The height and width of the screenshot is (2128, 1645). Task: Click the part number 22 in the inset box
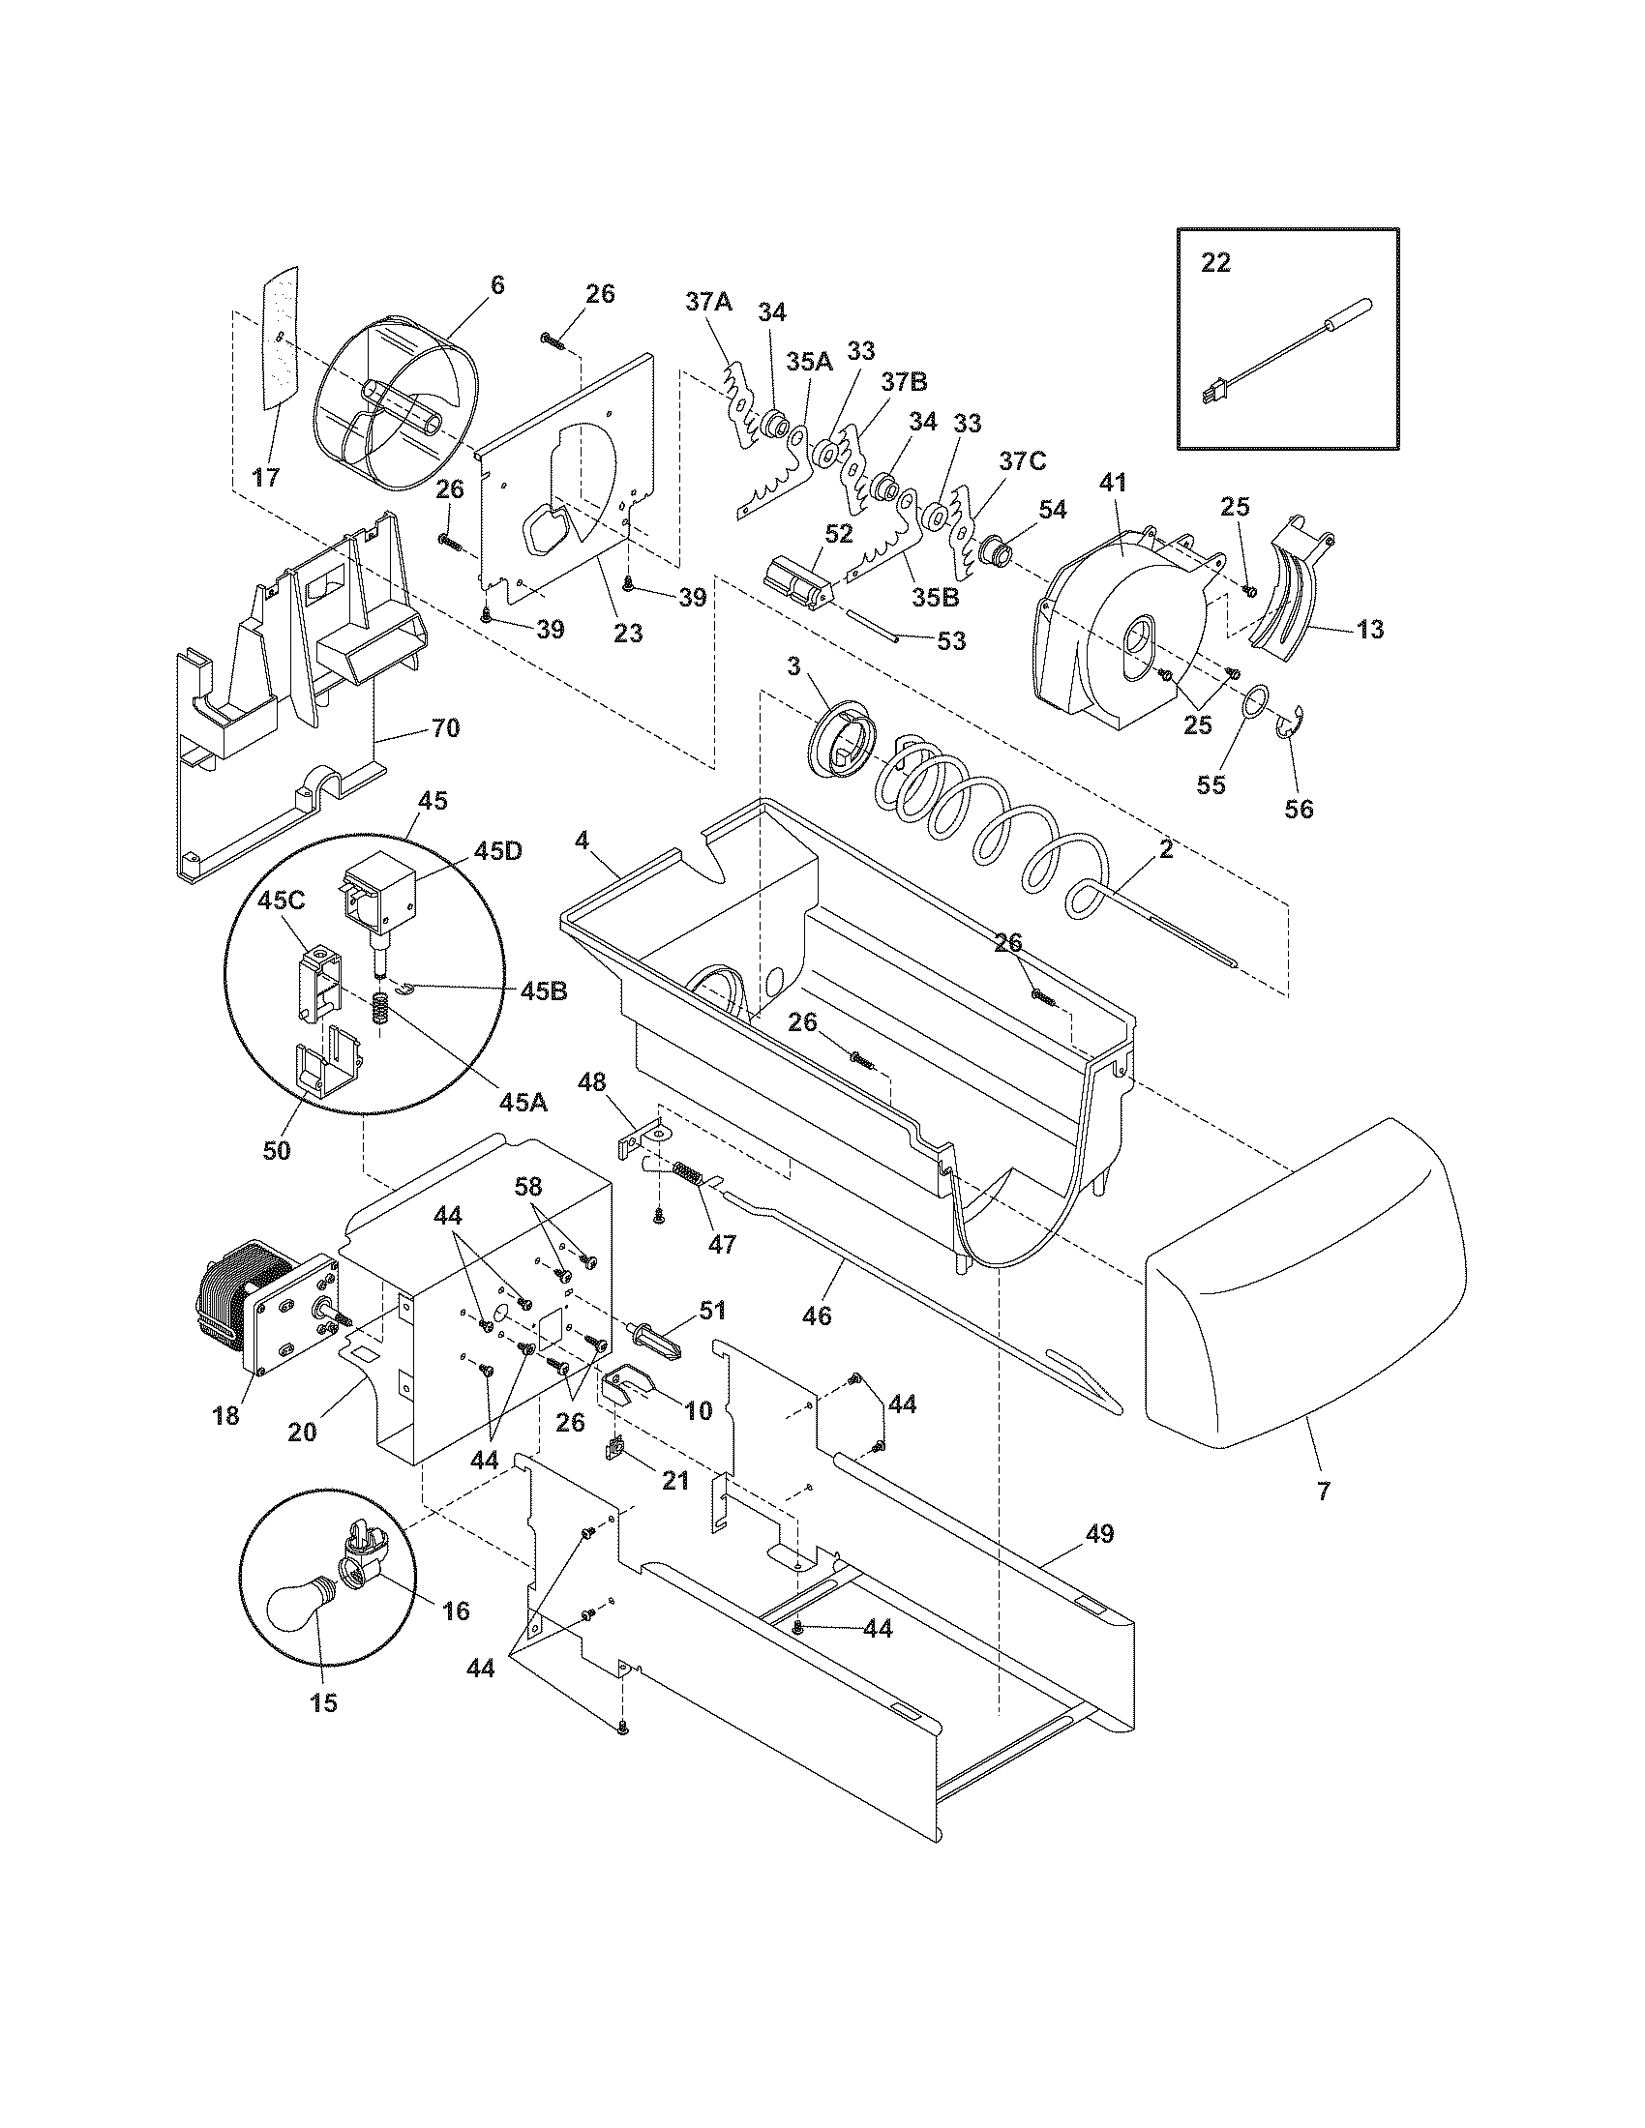click(1215, 263)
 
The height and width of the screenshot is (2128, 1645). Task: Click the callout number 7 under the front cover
click(1323, 1491)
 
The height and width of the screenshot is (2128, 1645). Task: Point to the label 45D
click(498, 849)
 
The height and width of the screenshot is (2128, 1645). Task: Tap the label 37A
click(708, 302)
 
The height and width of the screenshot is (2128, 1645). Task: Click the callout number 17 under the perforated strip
click(265, 478)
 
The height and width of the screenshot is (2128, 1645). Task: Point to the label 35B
click(936, 598)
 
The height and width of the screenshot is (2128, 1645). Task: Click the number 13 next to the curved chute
click(1369, 630)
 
